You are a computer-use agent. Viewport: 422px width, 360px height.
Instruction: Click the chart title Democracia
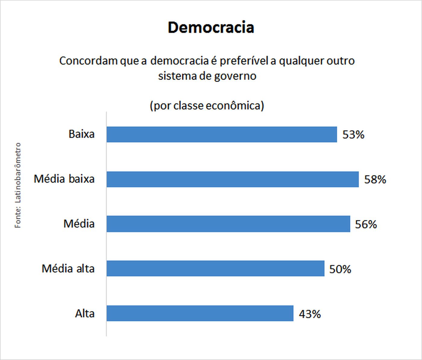(x=211, y=27)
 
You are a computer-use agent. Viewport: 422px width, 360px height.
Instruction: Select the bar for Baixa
(x=222, y=134)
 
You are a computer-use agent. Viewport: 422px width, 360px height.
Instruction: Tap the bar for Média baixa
(x=232, y=179)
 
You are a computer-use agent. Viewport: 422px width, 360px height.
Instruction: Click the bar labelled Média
(x=228, y=224)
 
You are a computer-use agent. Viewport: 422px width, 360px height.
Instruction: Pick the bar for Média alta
(x=215, y=268)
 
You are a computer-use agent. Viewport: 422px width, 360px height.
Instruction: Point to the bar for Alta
(x=200, y=313)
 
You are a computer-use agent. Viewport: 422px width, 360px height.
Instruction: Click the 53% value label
(x=353, y=134)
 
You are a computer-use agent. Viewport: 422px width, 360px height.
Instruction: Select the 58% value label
(x=375, y=179)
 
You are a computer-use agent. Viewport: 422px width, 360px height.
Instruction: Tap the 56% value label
(x=366, y=224)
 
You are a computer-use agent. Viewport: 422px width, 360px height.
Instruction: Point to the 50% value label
(x=340, y=269)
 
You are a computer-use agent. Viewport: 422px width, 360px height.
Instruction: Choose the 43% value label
(x=310, y=314)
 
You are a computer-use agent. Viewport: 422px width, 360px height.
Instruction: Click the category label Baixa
(x=81, y=134)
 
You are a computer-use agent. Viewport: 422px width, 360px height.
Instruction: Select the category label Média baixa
(x=64, y=179)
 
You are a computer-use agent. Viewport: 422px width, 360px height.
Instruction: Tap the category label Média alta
(x=68, y=268)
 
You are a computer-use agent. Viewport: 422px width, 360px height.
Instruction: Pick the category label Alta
(x=85, y=314)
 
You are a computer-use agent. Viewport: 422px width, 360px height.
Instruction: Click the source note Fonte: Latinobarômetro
(x=18, y=185)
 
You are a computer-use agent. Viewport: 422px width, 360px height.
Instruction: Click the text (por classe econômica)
(x=207, y=106)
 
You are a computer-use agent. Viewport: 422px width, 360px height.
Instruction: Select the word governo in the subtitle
(x=235, y=76)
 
